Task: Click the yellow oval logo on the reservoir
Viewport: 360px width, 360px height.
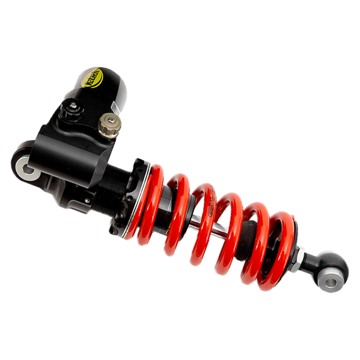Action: click(91, 78)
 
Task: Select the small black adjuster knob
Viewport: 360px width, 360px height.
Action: click(70, 109)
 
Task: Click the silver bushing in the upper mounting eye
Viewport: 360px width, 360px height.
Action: click(27, 167)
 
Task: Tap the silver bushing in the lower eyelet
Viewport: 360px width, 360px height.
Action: click(331, 282)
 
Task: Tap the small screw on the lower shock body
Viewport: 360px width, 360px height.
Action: click(87, 200)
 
